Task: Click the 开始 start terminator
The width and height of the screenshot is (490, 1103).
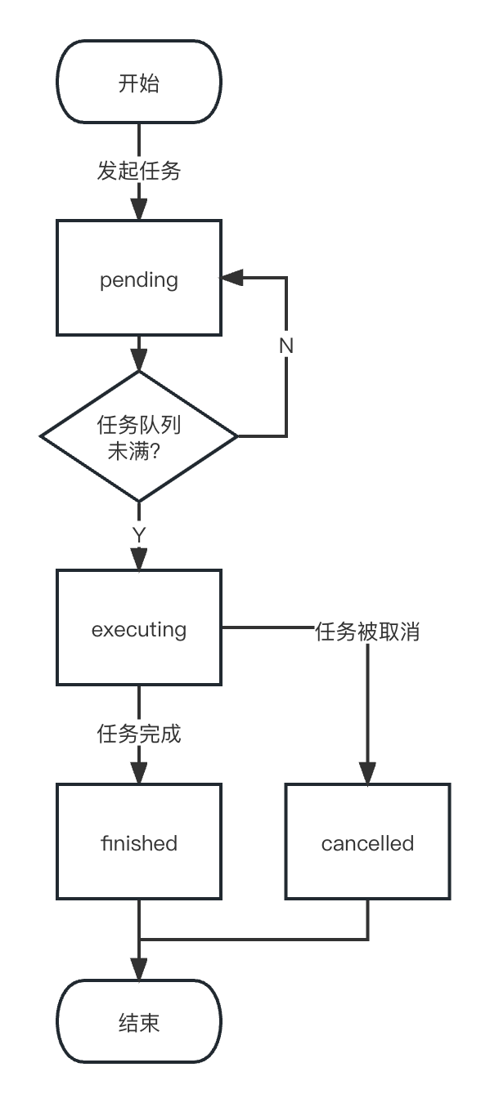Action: [x=139, y=82]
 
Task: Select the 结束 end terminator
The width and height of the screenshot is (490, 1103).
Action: [x=139, y=1021]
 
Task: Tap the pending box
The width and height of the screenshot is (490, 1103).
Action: [x=139, y=279]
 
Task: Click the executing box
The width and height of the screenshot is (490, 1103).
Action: [x=139, y=627]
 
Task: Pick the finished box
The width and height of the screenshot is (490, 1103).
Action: [x=139, y=842]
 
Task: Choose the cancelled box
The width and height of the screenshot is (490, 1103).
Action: [x=368, y=842]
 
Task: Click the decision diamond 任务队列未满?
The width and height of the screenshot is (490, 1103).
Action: [x=139, y=436]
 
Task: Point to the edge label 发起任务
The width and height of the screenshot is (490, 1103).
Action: [x=139, y=171]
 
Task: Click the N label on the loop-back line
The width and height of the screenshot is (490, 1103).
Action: [x=286, y=346]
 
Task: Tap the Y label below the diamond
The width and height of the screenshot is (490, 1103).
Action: [x=139, y=535]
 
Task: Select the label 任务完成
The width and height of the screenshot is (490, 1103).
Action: [x=139, y=734]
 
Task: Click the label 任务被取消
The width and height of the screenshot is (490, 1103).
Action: [x=368, y=632]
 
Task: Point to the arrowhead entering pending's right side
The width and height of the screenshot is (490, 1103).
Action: [x=232, y=279]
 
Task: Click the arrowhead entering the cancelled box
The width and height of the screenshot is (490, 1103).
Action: [x=368, y=773]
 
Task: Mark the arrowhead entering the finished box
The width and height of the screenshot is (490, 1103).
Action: [x=139, y=773]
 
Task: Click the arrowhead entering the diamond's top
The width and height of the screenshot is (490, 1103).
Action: [x=139, y=360]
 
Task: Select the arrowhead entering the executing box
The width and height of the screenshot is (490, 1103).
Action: [x=139, y=559]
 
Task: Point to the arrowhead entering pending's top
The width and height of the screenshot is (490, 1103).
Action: [x=139, y=209]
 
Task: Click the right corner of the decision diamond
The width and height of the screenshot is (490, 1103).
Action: [x=238, y=436]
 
